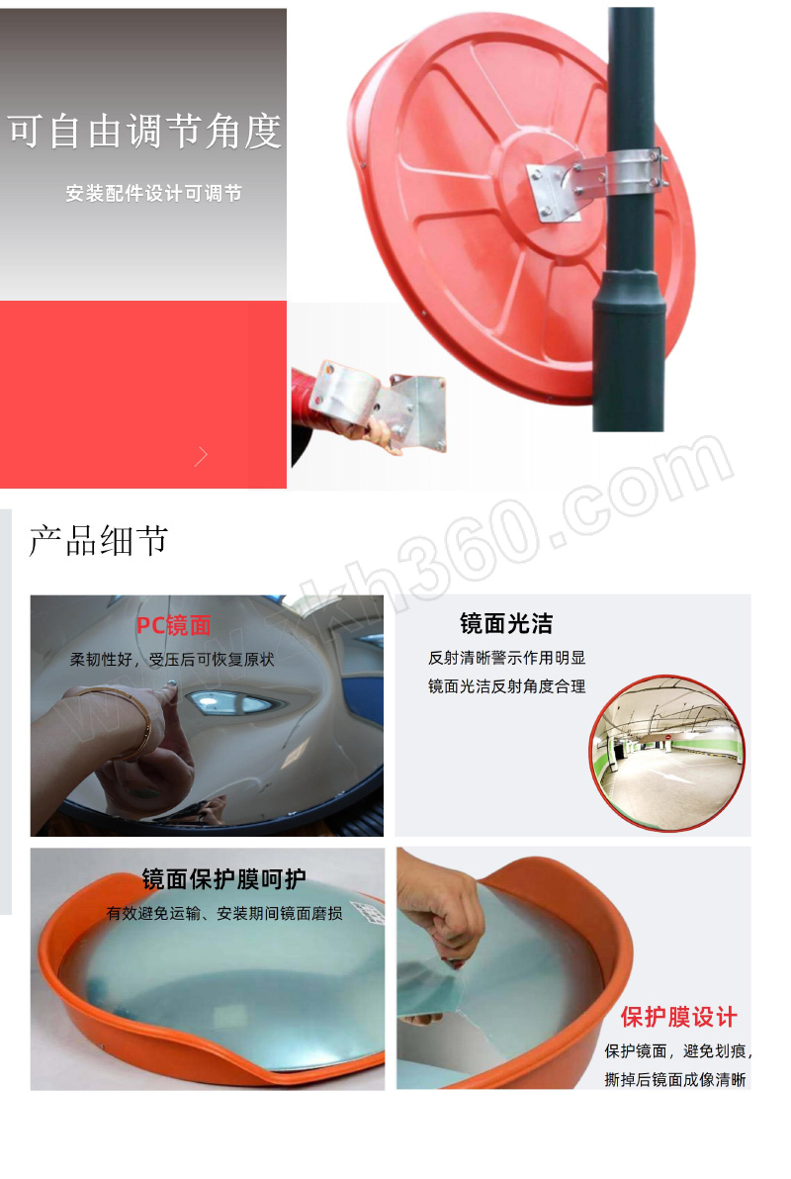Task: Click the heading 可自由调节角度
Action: point(144,131)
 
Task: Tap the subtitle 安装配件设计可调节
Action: point(153,193)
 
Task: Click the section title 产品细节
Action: point(99,541)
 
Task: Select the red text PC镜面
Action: point(174,625)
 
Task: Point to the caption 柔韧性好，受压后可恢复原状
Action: point(172,660)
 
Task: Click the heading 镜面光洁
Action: point(506,623)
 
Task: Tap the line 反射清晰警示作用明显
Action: point(507,658)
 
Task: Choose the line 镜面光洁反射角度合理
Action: point(507,685)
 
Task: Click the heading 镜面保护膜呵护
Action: point(224,879)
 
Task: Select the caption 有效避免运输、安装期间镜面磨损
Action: point(224,913)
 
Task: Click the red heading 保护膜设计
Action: point(678,1017)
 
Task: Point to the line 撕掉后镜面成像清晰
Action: point(675,1080)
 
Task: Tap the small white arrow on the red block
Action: point(201,456)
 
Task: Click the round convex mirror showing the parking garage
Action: point(667,754)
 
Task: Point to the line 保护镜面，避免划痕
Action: point(676,1050)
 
